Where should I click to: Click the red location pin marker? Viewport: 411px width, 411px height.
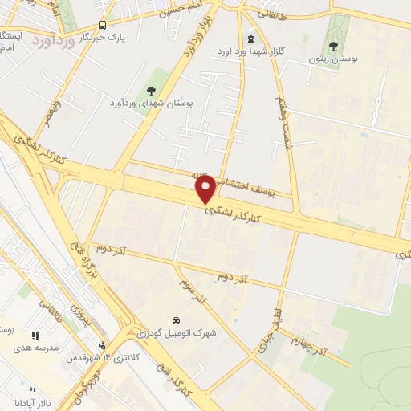pos(206,189)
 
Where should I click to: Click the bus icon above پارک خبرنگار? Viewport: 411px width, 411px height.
pos(101,25)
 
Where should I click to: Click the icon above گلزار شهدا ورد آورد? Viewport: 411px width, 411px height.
pos(250,39)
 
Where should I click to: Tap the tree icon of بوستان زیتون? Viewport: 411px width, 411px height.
pos(334,46)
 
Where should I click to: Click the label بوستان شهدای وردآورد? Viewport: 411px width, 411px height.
pos(148,104)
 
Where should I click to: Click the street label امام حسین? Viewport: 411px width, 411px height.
pos(177,10)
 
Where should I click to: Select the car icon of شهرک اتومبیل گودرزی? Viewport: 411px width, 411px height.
pos(176,319)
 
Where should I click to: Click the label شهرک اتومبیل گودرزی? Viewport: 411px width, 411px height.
pos(175,332)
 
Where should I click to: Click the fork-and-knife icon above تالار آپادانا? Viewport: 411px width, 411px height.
pos(32,390)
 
